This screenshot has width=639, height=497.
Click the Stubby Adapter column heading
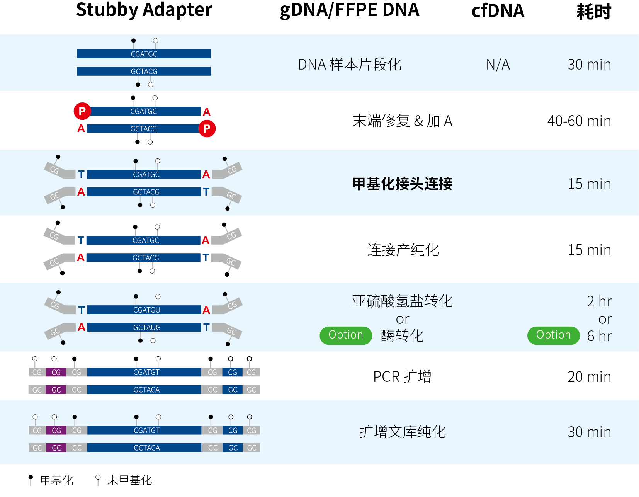(x=144, y=10)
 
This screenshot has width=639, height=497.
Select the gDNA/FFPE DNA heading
(x=349, y=10)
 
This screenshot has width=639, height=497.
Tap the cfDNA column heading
(x=498, y=11)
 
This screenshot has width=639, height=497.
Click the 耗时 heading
(x=593, y=12)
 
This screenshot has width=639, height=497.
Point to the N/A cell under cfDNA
(x=498, y=65)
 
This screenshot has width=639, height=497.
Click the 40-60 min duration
(x=579, y=121)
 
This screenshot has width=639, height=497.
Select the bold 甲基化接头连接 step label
(x=402, y=184)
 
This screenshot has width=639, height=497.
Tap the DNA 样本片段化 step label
(x=349, y=65)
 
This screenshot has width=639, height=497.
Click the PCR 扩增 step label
(x=402, y=376)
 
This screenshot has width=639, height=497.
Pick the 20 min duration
(x=589, y=376)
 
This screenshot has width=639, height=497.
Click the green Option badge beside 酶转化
(x=345, y=335)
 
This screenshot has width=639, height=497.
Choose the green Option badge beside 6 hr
(x=553, y=335)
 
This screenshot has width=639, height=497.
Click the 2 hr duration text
(x=599, y=301)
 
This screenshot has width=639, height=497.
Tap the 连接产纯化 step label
(x=403, y=250)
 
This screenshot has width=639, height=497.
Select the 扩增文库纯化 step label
(x=402, y=432)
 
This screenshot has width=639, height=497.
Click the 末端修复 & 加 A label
(x=402, y=121)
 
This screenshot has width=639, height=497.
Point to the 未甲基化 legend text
(x=129, y=480)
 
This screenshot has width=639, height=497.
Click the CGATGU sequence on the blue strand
(x=146, y=310)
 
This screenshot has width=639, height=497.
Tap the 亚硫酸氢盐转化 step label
(x=402, y=301)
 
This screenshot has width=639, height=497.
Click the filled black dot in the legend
(x=31, y=477)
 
